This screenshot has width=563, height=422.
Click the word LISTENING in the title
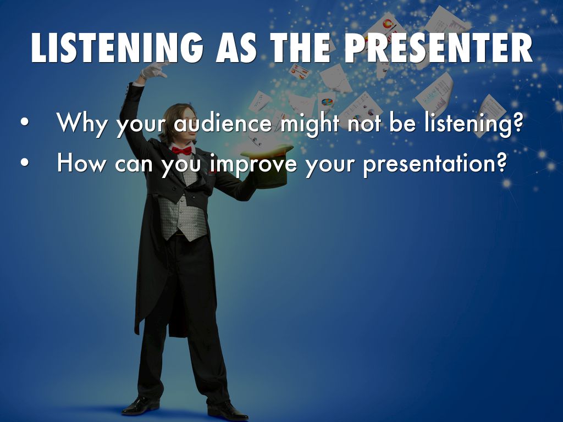click(117, 48)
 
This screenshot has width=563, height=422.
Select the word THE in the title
click(300, 48)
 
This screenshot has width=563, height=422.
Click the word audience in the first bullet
click(223, 123)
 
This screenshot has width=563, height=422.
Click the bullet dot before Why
click(24, 121)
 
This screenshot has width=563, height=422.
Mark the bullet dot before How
click(24, 162)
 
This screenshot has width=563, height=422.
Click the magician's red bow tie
click(181, 151)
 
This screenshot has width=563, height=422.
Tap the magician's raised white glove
click(153, 70)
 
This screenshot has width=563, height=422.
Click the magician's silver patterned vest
click(183, 212)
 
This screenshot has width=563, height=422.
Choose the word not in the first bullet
click(364, 124)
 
